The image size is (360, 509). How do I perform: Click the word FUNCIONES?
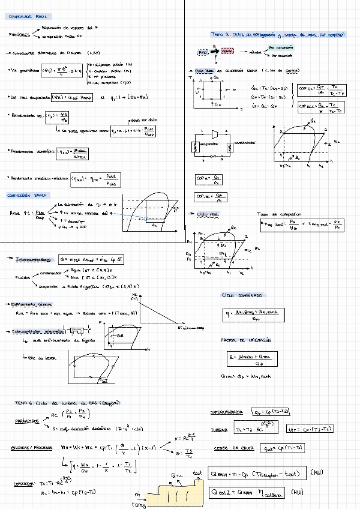(x=20, y=35)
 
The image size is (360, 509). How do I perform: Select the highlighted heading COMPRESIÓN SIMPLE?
(x=26, y=195)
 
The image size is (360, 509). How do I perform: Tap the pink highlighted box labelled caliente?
(x=227, y=53)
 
